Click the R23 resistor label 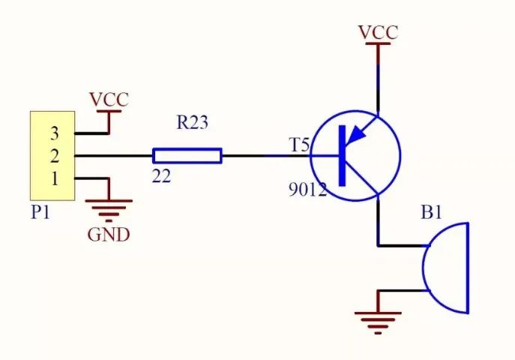point(193,122)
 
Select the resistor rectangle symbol point(187,156)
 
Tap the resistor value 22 point(161,177)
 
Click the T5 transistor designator point(299,145)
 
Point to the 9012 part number point(308,190)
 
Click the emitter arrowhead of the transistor point(356,135)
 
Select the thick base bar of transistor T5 point(343,156)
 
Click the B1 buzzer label point(432,212)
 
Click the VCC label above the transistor point(378,32)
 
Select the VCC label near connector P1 point(109,100)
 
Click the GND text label point(109,235)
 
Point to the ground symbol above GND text point(109,210)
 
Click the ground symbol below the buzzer point(378,322)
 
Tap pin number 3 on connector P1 point(55,133)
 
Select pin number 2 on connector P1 point(55,156)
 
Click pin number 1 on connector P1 point(55,178)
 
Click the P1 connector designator point(40,212)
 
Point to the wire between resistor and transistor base point(266,156)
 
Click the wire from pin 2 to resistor point(114,156)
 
